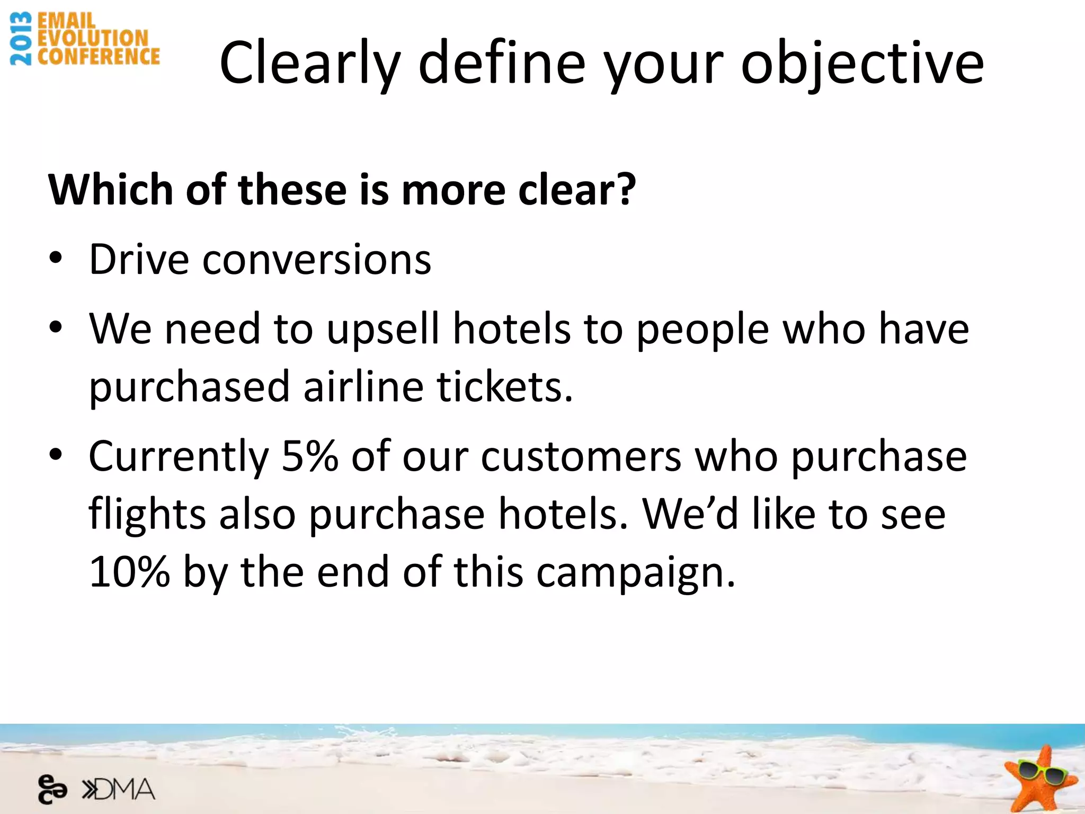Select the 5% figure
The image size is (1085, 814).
[309, 456]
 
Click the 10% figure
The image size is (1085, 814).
[129, 572]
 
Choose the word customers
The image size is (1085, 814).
[581, 457]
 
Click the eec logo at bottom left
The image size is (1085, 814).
[52, 790]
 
